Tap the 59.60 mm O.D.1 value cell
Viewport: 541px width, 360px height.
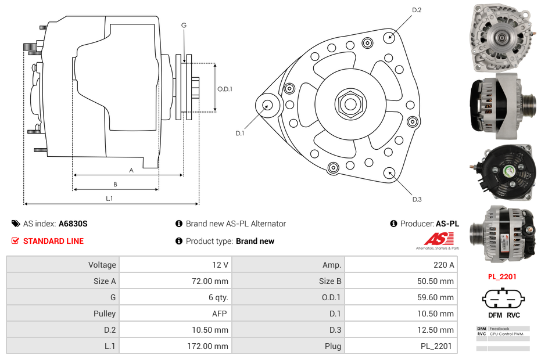(439, 297)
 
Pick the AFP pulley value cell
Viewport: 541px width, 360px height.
(220, 314)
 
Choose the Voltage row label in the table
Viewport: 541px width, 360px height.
(102, 265)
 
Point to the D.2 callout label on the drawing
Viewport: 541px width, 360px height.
(417, 10)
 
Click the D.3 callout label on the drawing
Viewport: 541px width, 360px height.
(417, 199)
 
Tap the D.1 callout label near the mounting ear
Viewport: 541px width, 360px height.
(239, 133)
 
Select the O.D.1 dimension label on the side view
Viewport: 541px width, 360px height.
(225, 89)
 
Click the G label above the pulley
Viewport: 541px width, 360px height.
(184, 25)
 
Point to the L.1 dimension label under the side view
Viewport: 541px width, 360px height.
(109, 199)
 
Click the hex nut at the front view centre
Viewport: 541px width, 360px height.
(350, 105)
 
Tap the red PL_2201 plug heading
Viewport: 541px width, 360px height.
(502, 277)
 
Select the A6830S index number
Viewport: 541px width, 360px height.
(73, 224)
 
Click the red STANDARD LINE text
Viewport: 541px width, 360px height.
(53, 241)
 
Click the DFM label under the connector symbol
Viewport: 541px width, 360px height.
(495, 315)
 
